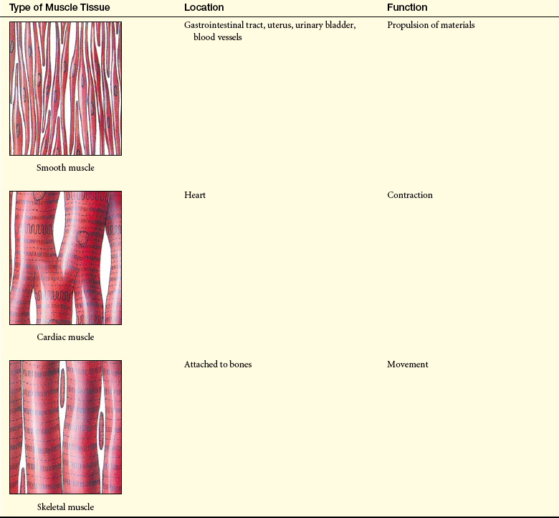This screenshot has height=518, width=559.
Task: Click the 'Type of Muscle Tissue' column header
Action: (x=59, y=7)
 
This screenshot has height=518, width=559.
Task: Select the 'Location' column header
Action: (x=204, y=7)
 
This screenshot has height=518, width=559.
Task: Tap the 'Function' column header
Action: (x=407, y=7)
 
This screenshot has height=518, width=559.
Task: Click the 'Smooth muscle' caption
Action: (x=65, y=167)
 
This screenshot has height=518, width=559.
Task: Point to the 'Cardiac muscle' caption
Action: (x=65, y=336)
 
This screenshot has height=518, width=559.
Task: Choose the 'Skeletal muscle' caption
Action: (x=66, y=507)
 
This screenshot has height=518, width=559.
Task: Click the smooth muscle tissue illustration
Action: (x=66, y=88)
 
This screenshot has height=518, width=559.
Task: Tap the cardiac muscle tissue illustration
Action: (x=66, y=258)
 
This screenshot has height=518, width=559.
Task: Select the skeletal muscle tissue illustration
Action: (x=66, y=427)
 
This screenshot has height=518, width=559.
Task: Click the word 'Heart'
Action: (x=195, y=195)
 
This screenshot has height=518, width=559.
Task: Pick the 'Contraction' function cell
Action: (x=410, y=195)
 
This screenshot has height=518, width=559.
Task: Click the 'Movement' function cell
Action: (x=408, y=364)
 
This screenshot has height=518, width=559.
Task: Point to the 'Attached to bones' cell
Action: (x=218, y=364)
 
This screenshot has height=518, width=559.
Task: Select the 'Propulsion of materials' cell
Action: (x=431, y=25)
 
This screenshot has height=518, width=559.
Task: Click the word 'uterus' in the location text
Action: (x=279, y=25)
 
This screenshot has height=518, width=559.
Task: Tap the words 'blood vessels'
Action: (x=217, y=37)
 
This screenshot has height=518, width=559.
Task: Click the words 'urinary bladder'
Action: (x=325, y=25)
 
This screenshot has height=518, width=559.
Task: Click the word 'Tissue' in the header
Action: (x=97, y=7)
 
